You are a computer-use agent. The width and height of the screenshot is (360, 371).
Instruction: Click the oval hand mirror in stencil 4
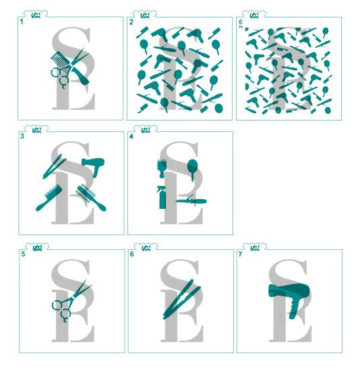(191, 168)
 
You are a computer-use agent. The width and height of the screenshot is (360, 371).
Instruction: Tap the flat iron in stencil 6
(178, 298)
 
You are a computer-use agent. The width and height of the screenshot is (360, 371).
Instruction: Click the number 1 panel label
(22, 22)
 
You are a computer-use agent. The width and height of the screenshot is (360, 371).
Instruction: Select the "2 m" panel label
(241, 24)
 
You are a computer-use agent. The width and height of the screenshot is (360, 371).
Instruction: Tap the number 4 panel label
(131, 137)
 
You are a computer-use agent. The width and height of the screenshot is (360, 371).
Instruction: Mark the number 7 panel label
(241, 255)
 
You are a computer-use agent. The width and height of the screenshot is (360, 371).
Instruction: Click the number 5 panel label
(22, 255)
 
